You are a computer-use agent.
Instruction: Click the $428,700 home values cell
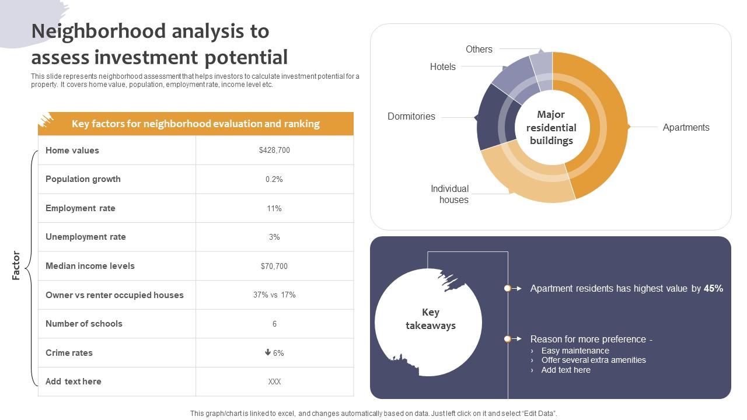274,150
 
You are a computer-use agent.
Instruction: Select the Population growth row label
83,179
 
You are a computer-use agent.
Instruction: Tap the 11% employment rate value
274,208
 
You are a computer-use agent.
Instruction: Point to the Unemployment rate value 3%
274,237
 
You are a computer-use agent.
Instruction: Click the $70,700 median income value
274,266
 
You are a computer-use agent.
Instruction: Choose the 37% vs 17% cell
274,295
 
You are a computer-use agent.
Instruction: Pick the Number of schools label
84,324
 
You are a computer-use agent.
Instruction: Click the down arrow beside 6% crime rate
268,352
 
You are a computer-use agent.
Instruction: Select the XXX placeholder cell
274,381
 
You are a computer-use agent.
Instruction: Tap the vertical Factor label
16,265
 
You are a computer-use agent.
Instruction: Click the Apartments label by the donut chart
686,128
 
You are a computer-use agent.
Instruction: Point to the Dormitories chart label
411,117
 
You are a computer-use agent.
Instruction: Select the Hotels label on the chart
443,67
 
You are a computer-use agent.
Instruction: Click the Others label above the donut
479,50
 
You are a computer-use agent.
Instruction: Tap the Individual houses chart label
450,194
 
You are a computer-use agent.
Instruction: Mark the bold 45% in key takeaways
713,288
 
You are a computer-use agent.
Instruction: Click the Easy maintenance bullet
575,351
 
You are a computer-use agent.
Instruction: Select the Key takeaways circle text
431,319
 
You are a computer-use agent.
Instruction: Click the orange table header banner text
196,124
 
